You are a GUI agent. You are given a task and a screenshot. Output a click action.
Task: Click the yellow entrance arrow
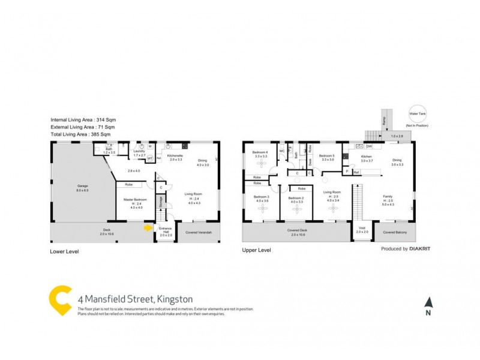(x=148, y=227)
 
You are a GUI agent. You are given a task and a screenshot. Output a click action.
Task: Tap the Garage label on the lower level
(x=82, y=187)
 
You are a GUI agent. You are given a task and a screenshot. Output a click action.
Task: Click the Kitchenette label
(x=175, y=157)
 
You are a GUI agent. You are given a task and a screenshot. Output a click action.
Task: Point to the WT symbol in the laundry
(x=151, y=158)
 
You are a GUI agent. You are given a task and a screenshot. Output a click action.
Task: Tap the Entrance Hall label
(x=166, y=231)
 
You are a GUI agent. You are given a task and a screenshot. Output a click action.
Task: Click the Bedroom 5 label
(x=328, y=157)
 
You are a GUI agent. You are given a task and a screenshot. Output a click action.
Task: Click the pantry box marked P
(x=347, y=172)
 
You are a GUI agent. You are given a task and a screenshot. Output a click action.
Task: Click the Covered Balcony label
(x=393, y=232)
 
